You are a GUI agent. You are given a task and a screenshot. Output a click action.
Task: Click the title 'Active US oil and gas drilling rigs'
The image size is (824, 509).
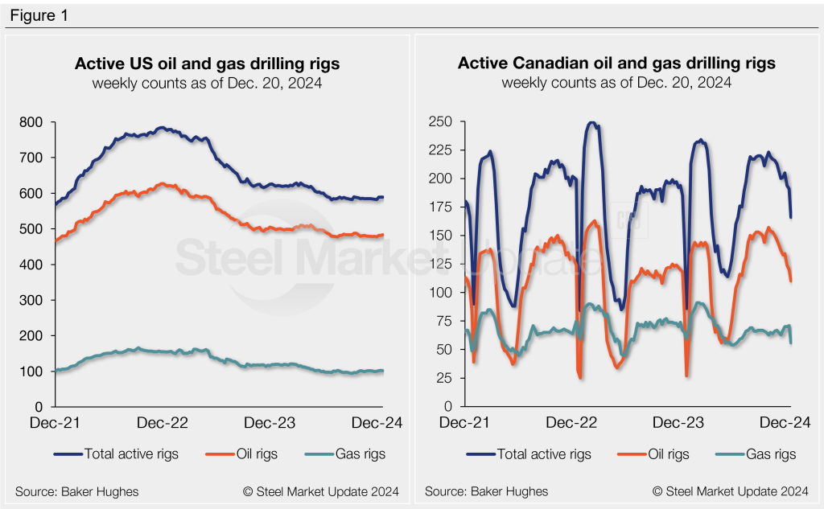(x=207, y=64)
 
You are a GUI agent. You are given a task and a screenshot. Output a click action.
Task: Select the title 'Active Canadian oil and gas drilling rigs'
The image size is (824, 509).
(x=616, y=64)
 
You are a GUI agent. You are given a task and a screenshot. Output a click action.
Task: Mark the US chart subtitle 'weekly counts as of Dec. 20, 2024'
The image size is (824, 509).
(x=207, y=82)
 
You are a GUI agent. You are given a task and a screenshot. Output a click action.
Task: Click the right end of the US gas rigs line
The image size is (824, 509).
(x=382, y=371)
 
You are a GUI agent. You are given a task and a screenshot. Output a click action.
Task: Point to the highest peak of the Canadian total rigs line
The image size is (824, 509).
(x=593, y=123)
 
